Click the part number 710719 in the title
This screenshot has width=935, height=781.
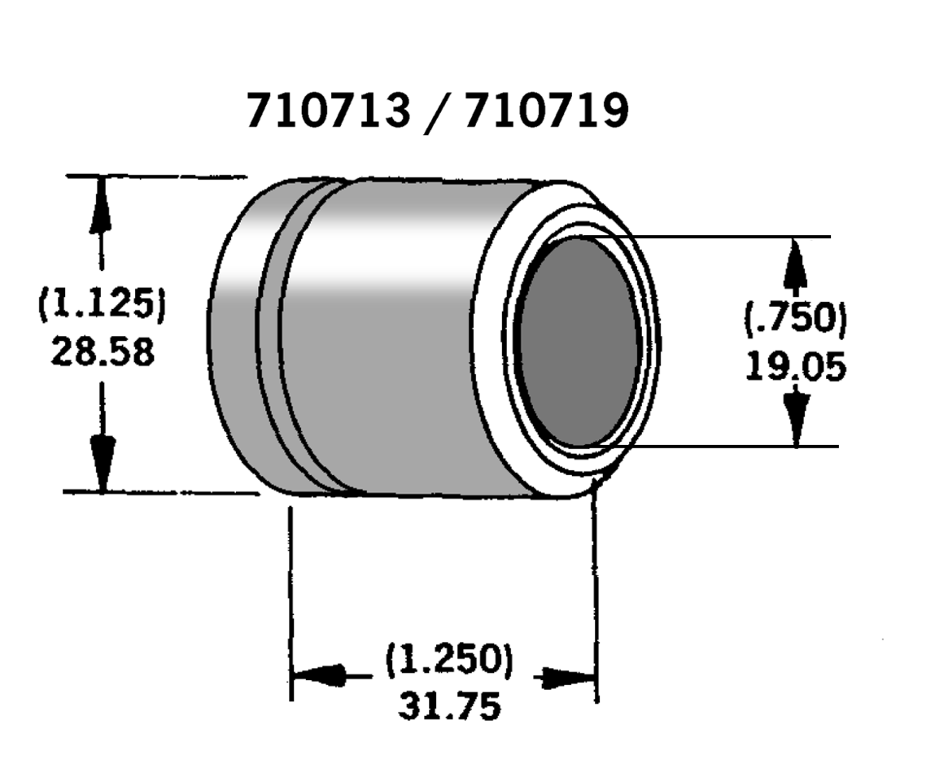546,111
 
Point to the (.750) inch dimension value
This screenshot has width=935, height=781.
795,318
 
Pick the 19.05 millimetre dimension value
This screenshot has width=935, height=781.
795,368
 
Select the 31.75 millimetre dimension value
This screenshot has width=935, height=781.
449,705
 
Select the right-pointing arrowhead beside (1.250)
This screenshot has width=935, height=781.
566,677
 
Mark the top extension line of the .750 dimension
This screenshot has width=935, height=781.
732,236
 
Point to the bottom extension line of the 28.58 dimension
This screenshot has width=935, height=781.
163,492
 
